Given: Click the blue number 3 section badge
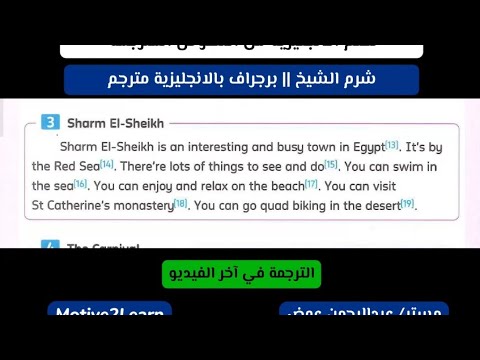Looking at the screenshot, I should pyautogui.click(x=51, y=123).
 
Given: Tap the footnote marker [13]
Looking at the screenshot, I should pyautogui.click(x=391, y=146).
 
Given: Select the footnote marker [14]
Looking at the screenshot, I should pyautogui.click(x=107, y=164).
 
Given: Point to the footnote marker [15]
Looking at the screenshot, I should pyautogui.click(x=331, y=164).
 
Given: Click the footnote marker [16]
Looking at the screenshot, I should pyautogui.click(x=81, y=184).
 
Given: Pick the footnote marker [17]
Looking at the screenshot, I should pyautogui.click(x=311, y=184).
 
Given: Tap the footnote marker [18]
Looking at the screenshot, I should pyautogui.click(x=180, y=203).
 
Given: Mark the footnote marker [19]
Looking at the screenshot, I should pyautogui.click(x=407, y=203).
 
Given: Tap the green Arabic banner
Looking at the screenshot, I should pyautogui.click(x=241, y=273).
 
